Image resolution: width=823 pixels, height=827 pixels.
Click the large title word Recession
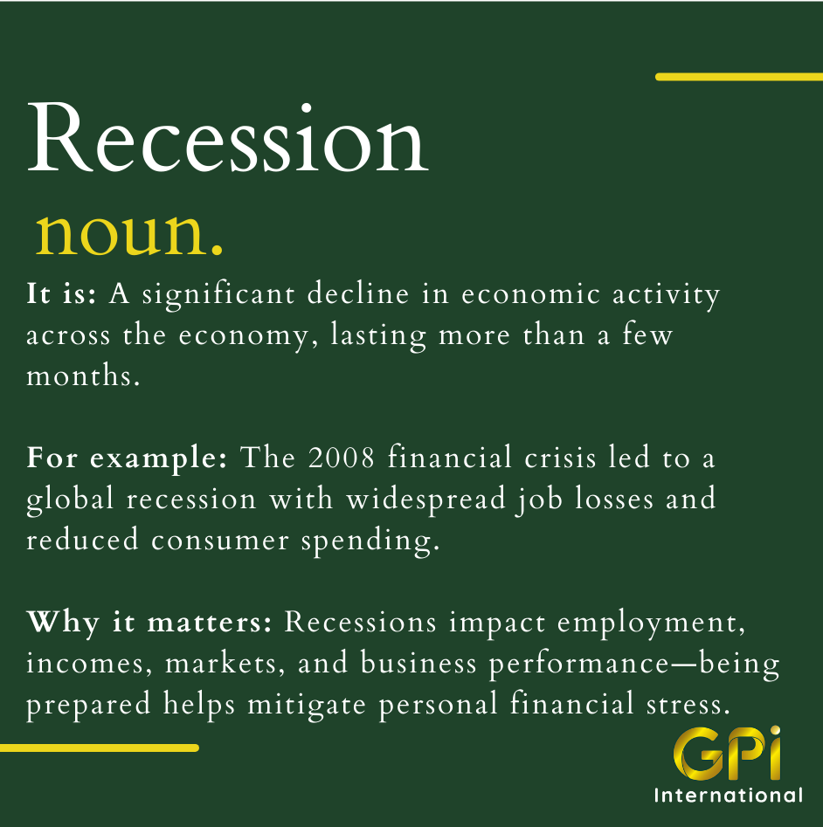228,138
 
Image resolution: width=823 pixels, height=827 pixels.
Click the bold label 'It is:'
61,293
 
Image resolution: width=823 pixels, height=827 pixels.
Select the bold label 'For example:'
127,458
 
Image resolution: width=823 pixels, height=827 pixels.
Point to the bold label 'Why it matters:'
149,622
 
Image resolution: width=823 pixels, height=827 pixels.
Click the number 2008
342,457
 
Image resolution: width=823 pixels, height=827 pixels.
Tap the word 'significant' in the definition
218,294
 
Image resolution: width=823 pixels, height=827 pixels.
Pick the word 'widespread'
426,499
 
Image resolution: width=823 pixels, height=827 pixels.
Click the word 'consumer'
220,540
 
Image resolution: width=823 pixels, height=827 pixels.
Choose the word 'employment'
651,624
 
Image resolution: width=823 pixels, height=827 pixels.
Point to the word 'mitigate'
307,705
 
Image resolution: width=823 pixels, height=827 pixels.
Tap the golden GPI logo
727,753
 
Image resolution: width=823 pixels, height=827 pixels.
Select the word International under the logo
729,795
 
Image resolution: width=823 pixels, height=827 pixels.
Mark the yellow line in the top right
738,77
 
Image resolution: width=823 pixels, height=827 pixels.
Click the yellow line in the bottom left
100,748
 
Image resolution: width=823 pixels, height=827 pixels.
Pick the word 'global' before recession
70,500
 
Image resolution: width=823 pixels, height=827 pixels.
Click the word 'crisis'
560,458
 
